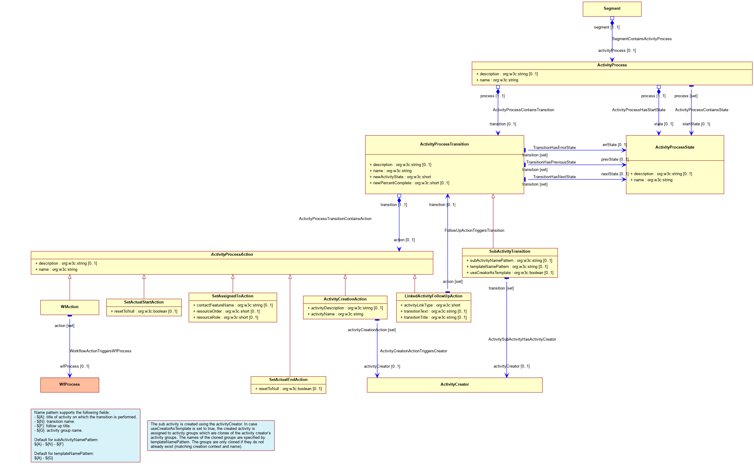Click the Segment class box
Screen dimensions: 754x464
612,9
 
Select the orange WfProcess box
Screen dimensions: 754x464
70,385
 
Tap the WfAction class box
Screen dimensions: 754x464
70,307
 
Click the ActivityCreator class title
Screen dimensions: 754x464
454,384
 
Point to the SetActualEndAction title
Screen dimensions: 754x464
288,379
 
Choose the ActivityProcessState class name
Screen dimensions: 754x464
675,147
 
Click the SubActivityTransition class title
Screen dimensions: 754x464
510,251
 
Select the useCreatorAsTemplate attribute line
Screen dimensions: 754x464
510,272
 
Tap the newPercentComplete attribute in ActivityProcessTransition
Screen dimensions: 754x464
409,183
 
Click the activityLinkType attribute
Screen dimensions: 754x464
430,305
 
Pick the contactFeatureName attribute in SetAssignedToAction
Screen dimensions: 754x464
233,305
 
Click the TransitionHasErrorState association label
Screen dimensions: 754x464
554,148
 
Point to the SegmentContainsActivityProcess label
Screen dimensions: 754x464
641,39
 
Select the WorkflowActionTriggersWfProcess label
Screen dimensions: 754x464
100,351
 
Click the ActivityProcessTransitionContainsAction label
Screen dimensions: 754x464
335,219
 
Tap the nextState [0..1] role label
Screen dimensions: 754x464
614,174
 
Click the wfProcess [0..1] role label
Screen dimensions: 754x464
75,366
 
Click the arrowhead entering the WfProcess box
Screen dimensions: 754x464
70,375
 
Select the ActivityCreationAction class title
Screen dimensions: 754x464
345,299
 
